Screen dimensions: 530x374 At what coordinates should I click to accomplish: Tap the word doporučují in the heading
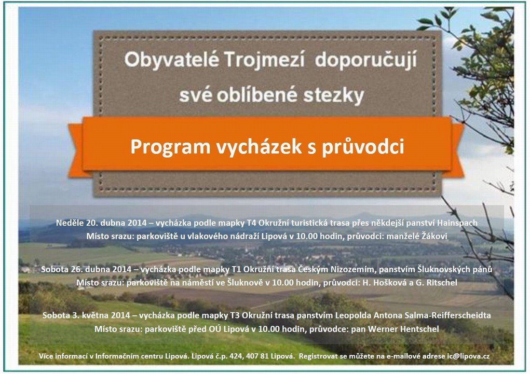366,61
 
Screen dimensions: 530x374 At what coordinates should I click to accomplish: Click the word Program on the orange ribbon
170,147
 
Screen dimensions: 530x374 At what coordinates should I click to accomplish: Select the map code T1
236,269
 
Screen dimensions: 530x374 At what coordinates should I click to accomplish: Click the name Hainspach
457,223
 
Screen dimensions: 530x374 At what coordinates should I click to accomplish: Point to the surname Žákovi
434,236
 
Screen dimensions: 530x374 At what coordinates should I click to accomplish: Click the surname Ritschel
442,282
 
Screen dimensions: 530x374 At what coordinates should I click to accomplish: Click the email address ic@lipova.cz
468,356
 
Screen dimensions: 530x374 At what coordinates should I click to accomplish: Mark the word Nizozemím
353,269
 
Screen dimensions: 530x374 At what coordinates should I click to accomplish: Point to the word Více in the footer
46,356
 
